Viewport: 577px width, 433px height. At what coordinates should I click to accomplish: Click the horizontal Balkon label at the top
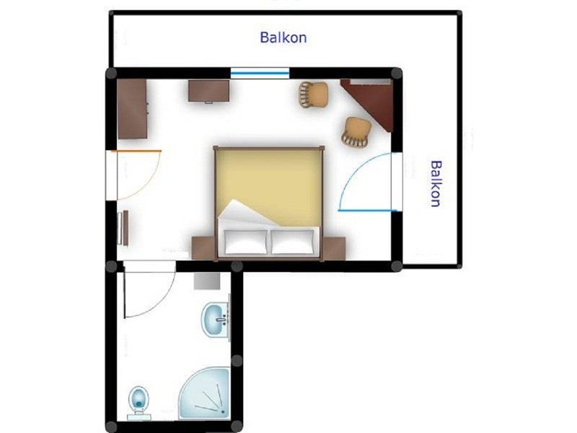283,38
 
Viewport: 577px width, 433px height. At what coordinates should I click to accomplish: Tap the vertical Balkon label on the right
436,183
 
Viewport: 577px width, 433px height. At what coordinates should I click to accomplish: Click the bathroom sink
216,320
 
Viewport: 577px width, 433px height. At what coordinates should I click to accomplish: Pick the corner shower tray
205,393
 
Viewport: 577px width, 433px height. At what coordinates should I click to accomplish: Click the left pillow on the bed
246,242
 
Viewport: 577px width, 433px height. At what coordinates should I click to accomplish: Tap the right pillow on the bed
294,242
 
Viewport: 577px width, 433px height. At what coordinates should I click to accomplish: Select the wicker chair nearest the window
313,95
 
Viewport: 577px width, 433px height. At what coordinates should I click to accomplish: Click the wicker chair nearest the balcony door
356,133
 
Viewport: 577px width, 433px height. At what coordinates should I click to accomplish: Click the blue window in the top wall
260,74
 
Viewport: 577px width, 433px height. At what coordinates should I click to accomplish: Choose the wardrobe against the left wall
133,109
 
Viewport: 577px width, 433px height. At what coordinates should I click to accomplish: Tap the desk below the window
209,91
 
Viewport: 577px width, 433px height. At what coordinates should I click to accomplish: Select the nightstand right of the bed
334,248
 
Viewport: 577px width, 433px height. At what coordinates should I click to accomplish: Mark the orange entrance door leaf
136,151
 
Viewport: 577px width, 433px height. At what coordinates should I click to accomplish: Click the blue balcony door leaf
368,211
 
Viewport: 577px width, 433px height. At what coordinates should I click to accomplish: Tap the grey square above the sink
207,281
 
